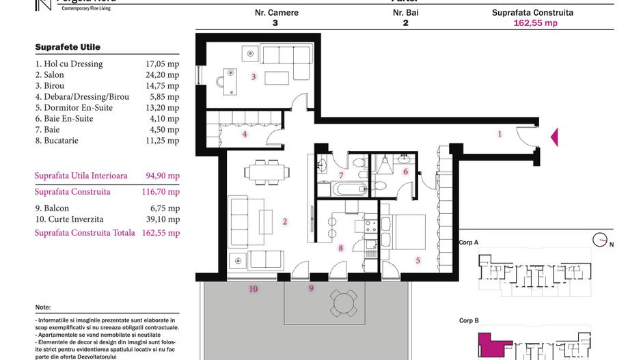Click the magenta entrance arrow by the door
pos(554,137)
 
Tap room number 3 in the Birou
pos(254,77)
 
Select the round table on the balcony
pos(343,301)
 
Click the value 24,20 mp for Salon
pos(164,75)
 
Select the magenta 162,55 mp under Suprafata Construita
pos(535,23)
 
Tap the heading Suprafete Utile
pos(68,47)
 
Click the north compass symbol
pos(601,240)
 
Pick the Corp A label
pos(469,243)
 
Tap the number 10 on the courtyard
pos(253,289)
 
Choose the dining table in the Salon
pos(264,171)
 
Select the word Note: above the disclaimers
pos(42,307)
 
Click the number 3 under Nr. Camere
pos(275,23)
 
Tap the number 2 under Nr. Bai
pos(405,23)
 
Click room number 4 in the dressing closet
pos(244,134)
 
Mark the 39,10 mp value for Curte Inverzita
pos(164,219)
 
